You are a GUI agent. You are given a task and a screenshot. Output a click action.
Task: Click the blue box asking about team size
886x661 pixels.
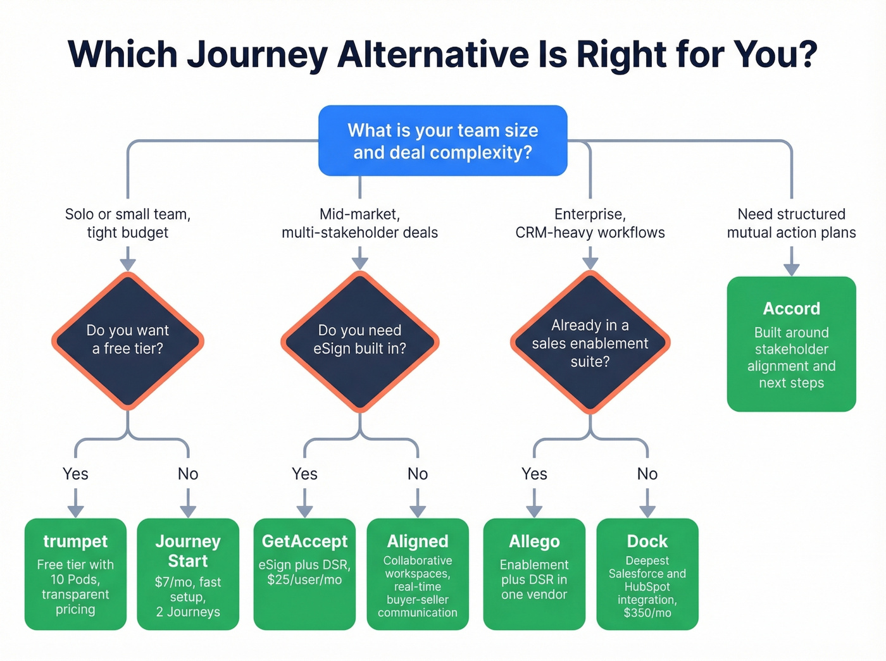click(x=442, y=140)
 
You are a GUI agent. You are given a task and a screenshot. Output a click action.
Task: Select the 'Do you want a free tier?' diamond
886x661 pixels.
click(x=128, y=340)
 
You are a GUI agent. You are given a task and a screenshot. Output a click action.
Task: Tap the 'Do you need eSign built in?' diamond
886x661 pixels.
click(x=359, y=340)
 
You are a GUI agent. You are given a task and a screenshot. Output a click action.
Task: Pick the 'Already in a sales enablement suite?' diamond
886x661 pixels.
click(x=590, y=342)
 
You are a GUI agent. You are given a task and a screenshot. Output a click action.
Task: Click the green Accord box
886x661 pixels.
click(x=791, y=344)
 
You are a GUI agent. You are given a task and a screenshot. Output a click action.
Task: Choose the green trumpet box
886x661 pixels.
click(x=75, y=574)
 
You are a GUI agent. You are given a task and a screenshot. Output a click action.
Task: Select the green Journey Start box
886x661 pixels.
click(x=188, y=574)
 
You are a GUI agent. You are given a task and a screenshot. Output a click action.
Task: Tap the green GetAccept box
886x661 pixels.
click(x=304, y=574)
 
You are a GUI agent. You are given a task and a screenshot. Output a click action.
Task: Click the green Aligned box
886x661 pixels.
click(x=418, y=574)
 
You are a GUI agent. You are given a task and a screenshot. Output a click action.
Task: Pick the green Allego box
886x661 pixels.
click(x=534, y=574)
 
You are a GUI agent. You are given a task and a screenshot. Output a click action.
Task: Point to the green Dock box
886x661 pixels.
click(x=647, y=574)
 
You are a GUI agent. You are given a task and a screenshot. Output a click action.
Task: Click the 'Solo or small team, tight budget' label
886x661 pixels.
click(x=128, y=223)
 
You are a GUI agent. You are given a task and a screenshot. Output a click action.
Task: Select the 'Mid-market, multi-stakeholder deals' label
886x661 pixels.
click(x=359, y=223)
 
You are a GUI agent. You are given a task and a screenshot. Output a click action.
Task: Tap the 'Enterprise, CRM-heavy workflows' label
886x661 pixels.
click(x=590, y=223)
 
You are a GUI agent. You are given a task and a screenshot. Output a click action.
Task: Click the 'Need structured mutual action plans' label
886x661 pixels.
click(x=791, y=223)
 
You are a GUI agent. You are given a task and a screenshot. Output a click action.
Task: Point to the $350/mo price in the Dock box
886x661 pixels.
click(x=647, y=613)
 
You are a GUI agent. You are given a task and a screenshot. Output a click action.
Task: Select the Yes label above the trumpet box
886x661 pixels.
click(x=75, y=474)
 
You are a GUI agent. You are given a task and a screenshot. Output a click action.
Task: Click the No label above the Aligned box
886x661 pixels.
click(x=418, y=474)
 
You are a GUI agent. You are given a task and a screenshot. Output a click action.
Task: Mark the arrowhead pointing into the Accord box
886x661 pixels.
click(x=791, y=269)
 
